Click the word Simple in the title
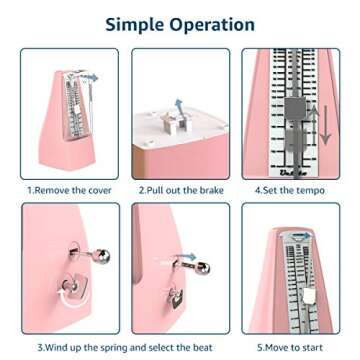pyautogui.click(x=136, y=25)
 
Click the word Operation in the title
pyautogui.click(x=213, y=25)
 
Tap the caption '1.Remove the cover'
pyautogui.click(x=69, y=191)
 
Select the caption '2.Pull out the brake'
pyautogui.click(x=181, y=191)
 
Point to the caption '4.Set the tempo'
pyautogui.click(x=290, y=191)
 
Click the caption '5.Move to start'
pyautogui.click(x=290, y=347)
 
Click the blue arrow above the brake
pyautogui.click(x=179, y=107)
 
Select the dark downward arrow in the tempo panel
pyautogui.click(x=325, y=125)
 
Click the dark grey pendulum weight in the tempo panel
pyautogui.click(x=295, y=109)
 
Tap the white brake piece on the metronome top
pyautogui.click(x=173, y=122)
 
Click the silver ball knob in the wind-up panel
pyautogui.click(x=103, y=256)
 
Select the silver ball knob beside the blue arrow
pyautogui.click(x=203, y=268)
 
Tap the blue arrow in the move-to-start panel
pyautogui.click(x=301, y=236)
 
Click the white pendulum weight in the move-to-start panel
pyautogui.click(x=308, y=295)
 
